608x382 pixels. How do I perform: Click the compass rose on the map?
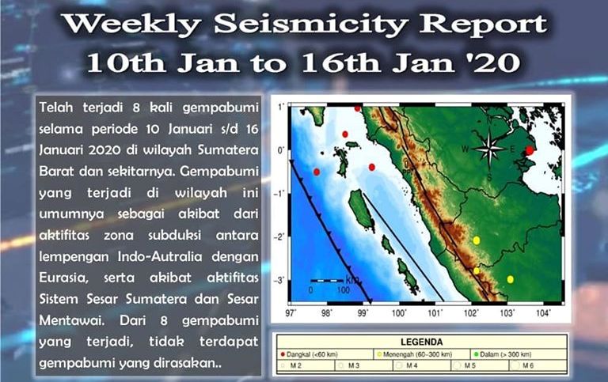[491, 149]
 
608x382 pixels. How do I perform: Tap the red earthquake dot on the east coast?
[530, 150]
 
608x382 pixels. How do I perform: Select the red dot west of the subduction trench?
[317, 172]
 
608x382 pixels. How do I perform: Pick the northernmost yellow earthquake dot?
[477, 240]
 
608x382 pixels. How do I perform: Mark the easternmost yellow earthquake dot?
[511, 279]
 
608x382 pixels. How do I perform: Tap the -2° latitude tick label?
[279, 236]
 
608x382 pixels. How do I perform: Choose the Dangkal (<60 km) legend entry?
[311, 354]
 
